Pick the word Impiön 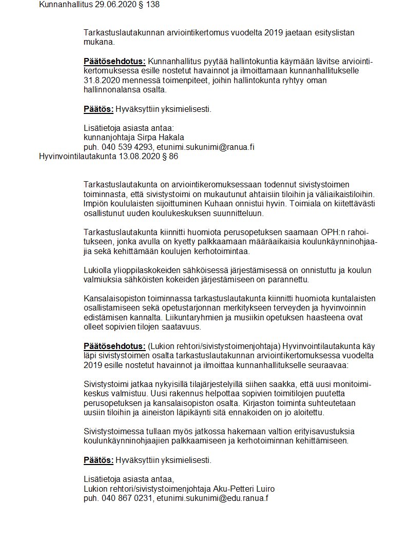(x=96, y=204)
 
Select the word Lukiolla (x=98, y=270)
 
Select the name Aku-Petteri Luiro (x=243, y=488)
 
